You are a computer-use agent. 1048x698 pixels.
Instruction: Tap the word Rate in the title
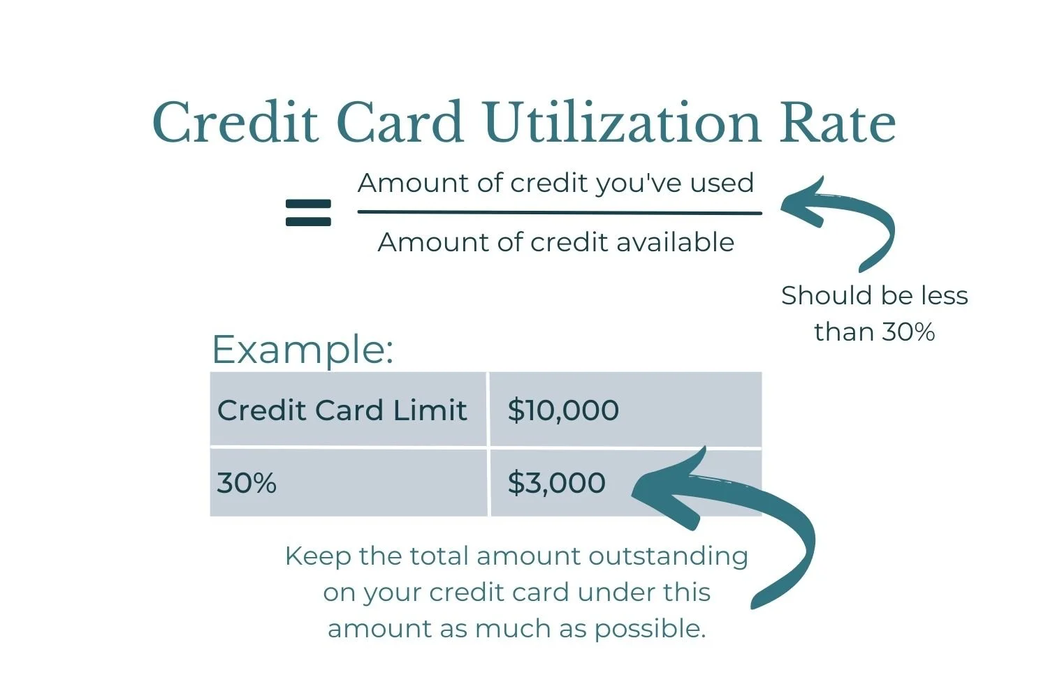[x=837, y=123]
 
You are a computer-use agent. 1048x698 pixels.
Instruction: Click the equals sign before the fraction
[x=308, y=213]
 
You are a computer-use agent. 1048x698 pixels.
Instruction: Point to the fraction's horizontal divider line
[x=559, y=213]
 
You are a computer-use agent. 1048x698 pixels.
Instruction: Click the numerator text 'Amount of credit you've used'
[x=555, y=183]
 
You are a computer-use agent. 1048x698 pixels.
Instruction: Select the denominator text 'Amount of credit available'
[x=555, y=242]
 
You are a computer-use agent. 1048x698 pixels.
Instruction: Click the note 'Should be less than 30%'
[x=874, y=313]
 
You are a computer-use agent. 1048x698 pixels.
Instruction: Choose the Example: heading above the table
[x=302, y=349]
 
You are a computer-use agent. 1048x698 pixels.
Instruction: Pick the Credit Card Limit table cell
[x=342, y=410]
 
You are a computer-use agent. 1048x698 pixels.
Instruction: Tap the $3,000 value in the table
[x=556, y=483]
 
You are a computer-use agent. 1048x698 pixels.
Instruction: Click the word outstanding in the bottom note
[x=668, y=556]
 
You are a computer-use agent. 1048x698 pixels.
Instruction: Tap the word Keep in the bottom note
[x=317, y=556]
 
